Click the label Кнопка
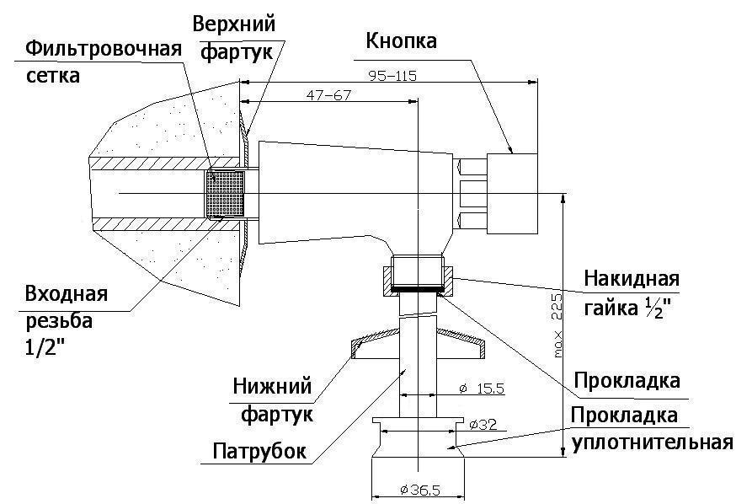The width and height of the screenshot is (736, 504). pos(401,40)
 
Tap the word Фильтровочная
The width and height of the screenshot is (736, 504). pos(104,49)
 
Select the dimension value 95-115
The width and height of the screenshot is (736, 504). pos(392,76)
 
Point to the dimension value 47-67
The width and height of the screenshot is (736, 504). pos(328,95)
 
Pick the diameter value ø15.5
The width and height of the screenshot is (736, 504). pos(482,389)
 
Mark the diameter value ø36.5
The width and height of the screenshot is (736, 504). pos(419,491)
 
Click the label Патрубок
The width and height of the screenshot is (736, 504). pos(259,452)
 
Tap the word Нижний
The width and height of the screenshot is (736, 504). pos(272,387)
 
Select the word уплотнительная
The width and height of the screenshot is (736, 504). pos(653,442)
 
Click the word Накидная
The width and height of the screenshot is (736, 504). pos(632,278)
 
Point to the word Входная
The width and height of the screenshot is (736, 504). pos(67,294)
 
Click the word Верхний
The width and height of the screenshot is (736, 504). pos(234,24)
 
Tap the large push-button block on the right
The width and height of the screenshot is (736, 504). pos(512,194)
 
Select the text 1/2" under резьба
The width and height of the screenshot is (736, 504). pos(45,347)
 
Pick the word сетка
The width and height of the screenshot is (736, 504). pos(52,76)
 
